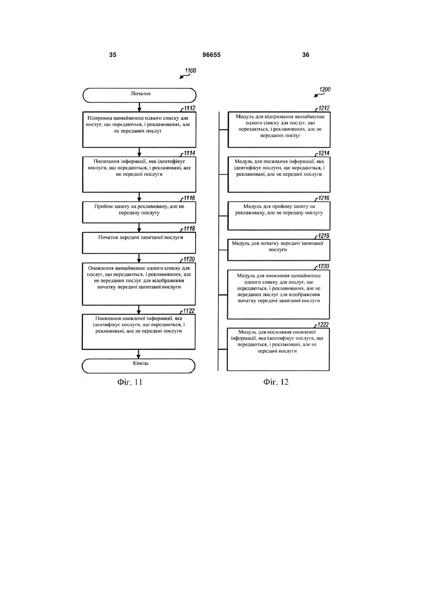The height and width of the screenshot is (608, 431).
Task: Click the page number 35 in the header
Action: click(112, 55)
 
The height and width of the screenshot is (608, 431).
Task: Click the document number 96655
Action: click(211, 55)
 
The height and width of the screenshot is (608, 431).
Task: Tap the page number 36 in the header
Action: click(306, 55)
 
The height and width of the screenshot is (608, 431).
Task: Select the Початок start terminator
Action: click(139, 95)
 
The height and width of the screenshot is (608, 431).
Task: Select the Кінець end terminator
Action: click(139, 366)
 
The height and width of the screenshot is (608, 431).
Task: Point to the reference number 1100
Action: click(190, 71)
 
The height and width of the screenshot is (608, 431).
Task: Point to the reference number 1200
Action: click(325, 89)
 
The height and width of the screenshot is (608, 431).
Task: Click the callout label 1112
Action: click(189, 108)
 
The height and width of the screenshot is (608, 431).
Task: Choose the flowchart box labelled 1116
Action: click(139, 212)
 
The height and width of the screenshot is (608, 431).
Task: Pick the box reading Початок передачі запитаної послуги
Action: click(139, 243)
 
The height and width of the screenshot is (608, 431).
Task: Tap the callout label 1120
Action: click(189, 259)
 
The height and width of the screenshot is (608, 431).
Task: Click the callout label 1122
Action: click(189, 311)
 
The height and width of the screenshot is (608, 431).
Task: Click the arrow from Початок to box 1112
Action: click(139, 107)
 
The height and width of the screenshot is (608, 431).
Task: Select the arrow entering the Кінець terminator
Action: click(139, 354)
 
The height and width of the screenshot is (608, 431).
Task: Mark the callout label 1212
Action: click(324, 108)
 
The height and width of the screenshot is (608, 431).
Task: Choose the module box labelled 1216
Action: click(279, 216)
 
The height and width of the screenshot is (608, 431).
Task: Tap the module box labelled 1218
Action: click(279, 250)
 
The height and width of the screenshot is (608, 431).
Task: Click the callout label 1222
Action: click(323, 325)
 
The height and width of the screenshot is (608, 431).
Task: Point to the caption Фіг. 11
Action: click(130, 382)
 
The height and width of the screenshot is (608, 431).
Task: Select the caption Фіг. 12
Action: click(276, 382)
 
